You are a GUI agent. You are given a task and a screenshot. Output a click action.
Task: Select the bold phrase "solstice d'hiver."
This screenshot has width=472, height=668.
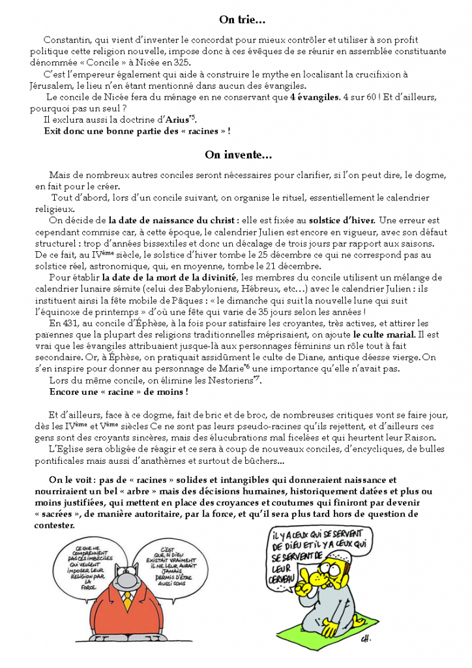342,220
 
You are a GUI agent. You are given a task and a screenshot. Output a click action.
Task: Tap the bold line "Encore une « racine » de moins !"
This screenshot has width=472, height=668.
119,391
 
